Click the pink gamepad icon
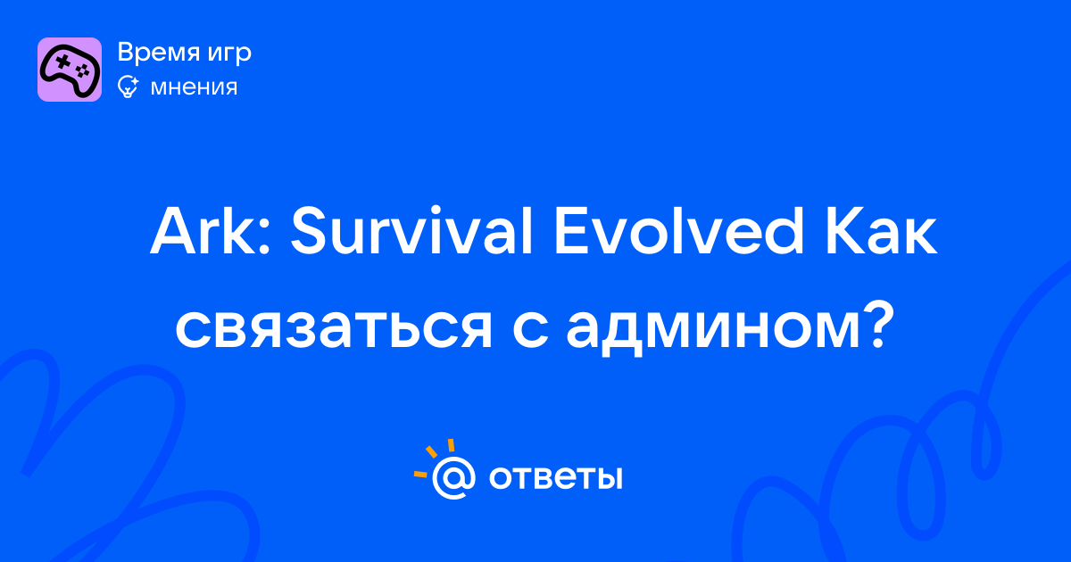click(70, 70)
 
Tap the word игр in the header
click(229, 54)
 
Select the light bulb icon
click(128, 87)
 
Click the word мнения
click(194, 88)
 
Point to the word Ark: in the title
click(211, 231)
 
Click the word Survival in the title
click(411, 230)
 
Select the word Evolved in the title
click(678, 230)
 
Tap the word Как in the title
click(881, 231)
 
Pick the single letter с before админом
click(530, 331)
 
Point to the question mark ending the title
click(879, 326)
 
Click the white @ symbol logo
click(453, 477)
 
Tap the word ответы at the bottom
click(555, 478)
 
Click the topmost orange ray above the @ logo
click(451, 445)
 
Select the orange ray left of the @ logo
click(420, 474)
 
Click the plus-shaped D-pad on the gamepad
click(62, 62)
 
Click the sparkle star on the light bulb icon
click(134, 81)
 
